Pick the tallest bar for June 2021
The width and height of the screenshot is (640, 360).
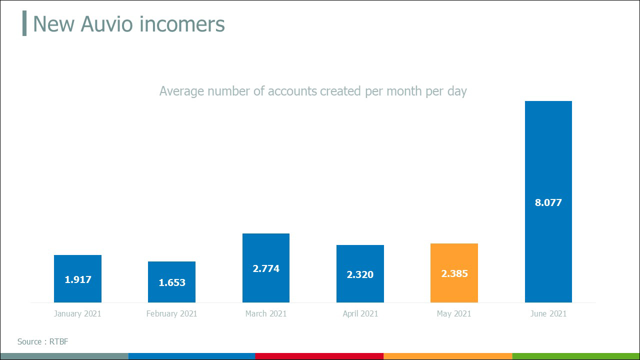[x=548, y=150]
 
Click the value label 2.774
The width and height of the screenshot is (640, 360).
[x=266, y=268]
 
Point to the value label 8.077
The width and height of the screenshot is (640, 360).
[x=548, y=202]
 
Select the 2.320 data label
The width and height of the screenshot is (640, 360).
[x=360, y=274]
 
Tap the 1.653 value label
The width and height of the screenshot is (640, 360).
[x=172, y=282]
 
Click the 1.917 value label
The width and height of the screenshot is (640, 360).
[x=78, y=279]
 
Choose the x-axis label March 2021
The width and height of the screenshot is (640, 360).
[x=266, y=314]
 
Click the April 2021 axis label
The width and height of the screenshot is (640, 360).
[x=360, y=314]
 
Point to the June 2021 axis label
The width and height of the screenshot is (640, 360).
[x=548, y=314]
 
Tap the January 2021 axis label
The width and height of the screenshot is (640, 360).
[x=77, y=314]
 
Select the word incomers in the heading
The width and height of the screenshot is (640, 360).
[x=185, y=24]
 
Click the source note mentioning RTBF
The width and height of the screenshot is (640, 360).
[x=42, y=342]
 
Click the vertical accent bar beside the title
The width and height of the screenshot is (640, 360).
[x=24, y=24]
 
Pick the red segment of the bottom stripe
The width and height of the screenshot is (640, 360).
[x=319, y=356]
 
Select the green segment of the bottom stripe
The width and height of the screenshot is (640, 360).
[x=575, y=356]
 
